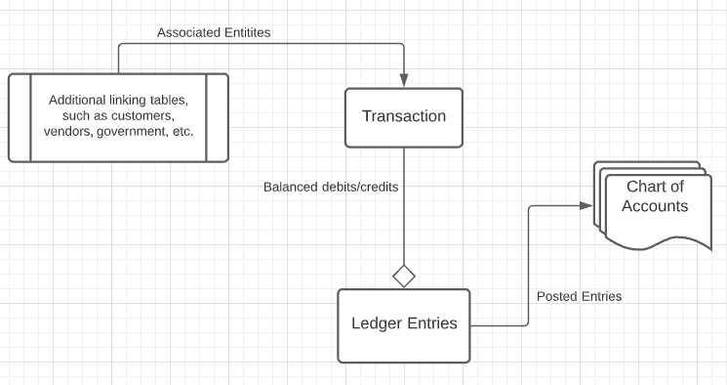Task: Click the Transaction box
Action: coord(404,117)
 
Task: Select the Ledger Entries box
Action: coord(404,323)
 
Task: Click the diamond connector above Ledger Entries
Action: coord(404,276)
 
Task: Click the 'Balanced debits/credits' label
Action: coord(331,186)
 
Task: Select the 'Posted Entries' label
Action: coord(579,296)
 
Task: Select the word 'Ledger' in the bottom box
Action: coord(376,323)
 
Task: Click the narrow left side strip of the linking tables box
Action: coord(20,117)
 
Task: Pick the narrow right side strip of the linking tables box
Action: coord(218,117)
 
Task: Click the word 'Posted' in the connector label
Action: coord(557,296)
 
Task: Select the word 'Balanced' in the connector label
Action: coord(291,186)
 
